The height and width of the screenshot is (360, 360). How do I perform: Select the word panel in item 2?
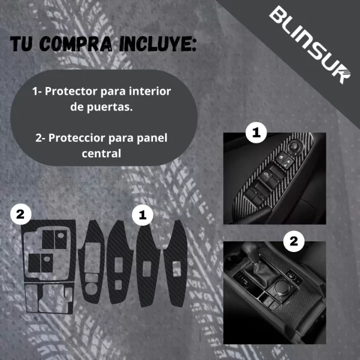click(152, 137)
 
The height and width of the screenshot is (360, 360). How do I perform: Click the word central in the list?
click(101, 153)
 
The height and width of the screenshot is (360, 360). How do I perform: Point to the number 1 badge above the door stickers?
click(142, 213)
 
